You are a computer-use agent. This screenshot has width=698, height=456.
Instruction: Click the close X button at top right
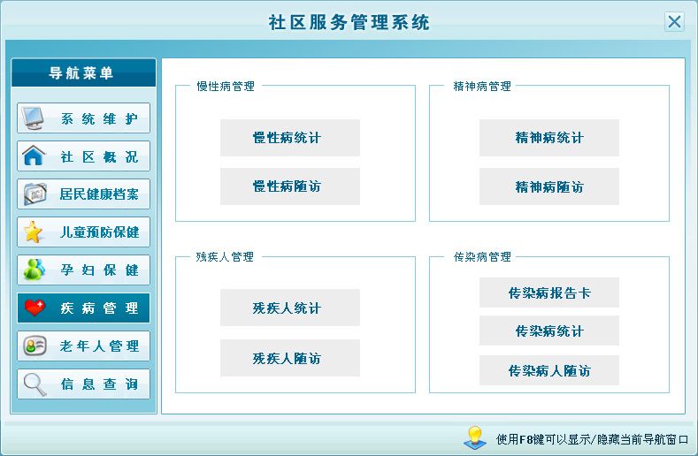pos(674,21)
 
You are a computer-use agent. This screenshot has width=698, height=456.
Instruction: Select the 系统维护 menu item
pos(84,118)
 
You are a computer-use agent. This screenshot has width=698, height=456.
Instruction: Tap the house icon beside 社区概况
pos(34,156)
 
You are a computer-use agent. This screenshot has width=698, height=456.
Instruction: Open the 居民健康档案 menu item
pos(84,194)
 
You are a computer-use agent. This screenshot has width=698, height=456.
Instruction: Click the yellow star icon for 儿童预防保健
pos(34,232)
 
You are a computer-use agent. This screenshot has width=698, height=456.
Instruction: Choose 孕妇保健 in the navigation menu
pos(84,270)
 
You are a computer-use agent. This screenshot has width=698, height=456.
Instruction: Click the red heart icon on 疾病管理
pos(35,308)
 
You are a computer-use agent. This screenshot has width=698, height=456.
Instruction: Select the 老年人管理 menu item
pos(84,346)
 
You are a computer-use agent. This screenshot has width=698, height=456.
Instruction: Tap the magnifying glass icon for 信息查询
pos(35,384)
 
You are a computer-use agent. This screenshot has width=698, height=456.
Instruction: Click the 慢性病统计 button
pos(290,138)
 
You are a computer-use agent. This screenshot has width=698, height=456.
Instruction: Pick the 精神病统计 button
pos(548,138)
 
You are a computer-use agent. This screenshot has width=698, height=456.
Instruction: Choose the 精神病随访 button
pos(548,186)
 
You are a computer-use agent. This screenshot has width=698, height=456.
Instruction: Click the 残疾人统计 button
pos(290,308)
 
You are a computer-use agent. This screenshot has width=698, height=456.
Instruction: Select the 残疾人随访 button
pos(290,358)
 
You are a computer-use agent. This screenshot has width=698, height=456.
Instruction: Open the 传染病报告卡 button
pos(548,293)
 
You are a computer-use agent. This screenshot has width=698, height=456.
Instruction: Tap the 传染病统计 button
pos(548,331)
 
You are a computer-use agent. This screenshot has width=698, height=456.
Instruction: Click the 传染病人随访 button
pos(548,370)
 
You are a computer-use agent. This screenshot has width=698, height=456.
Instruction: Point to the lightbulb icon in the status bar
pos(475,437)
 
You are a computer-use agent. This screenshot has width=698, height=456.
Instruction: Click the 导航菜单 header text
pos(81,73)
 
